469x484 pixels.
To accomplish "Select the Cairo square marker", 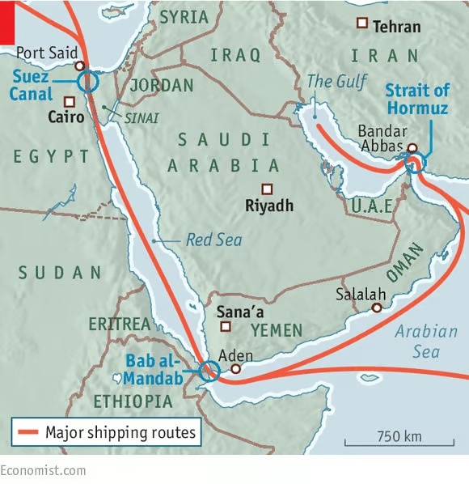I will coord(70,102).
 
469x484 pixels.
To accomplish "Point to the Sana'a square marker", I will coord(226,327).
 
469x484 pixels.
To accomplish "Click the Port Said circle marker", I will coord(79,66).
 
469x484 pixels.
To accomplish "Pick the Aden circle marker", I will coord(235,369).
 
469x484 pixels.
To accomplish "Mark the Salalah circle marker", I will coord(376,308).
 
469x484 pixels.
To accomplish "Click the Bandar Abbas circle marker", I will coord(412,148).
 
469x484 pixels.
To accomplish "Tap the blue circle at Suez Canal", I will coord(87,81).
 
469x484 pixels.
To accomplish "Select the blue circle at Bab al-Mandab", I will coord(209,371).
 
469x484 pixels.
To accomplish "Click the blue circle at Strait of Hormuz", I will coord(415,164).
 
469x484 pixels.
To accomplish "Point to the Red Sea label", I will coord(213,240).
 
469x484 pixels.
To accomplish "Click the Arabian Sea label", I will coord(426,341).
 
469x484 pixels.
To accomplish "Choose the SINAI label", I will coord(135,117).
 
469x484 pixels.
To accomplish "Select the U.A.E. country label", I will coord(372,206).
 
